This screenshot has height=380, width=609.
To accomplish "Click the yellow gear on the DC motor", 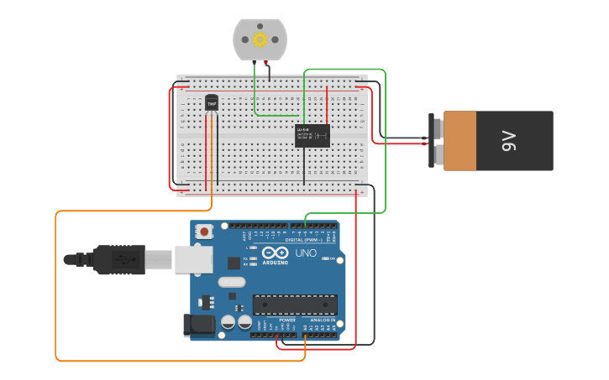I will tap(260, 39).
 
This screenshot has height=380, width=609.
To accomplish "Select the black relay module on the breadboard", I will tap(312, 135).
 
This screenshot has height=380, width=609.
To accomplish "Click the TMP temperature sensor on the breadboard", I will tap(212, 102).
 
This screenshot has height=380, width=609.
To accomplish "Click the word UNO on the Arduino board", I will tap(306, 252).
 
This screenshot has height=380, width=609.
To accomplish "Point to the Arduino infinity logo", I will tap(275, 252).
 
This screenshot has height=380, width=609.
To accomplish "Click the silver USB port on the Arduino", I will tap(193, 259).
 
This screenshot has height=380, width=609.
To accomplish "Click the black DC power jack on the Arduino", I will tap(199, 325).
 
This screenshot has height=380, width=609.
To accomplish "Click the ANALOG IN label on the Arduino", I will tap(323, 320).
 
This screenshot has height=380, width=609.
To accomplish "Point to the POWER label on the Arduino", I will tap(287, 320).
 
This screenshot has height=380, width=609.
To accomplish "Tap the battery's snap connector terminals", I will tap(437, 141).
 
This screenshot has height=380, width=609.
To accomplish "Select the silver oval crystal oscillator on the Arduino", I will tap(232, 283).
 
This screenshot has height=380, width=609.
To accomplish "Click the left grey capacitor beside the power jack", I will tap(228, 321).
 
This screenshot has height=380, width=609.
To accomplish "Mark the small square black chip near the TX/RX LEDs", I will tap(234, 263).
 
